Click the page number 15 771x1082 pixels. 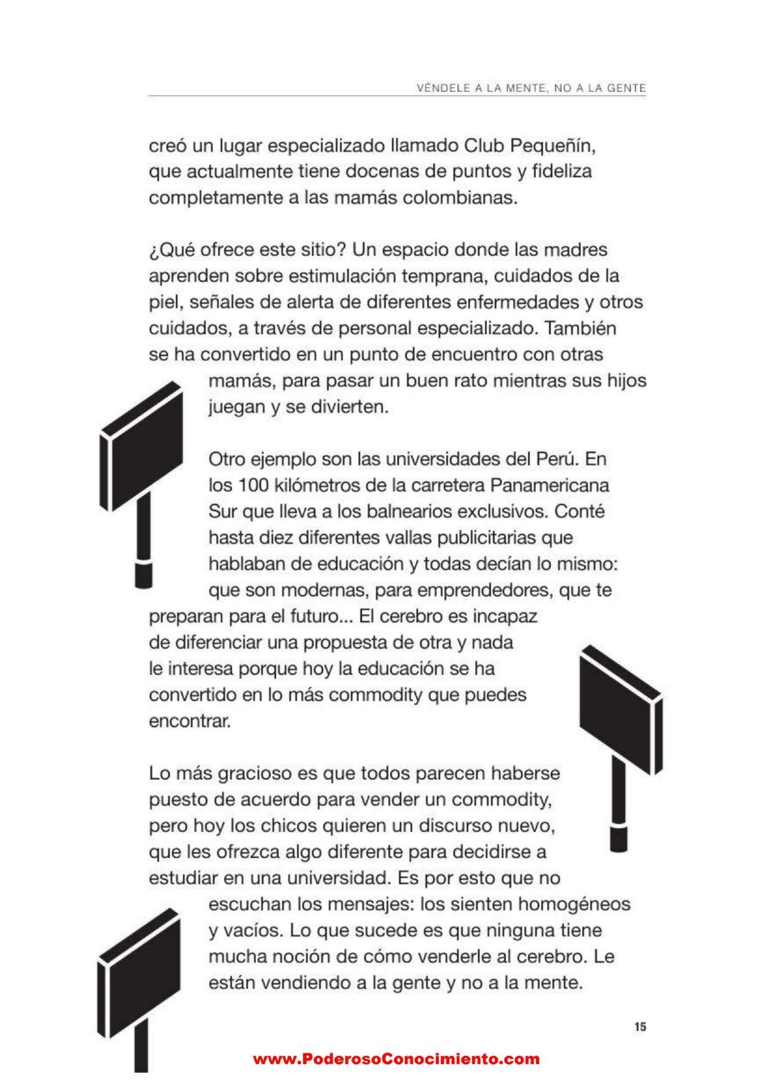tap(640, 1027)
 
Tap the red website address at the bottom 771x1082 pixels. tap(396, 1059)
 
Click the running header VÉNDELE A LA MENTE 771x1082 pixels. tap(531, 88)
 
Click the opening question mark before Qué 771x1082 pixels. tap(153, 251)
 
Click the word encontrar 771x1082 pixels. tap(190, 721)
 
